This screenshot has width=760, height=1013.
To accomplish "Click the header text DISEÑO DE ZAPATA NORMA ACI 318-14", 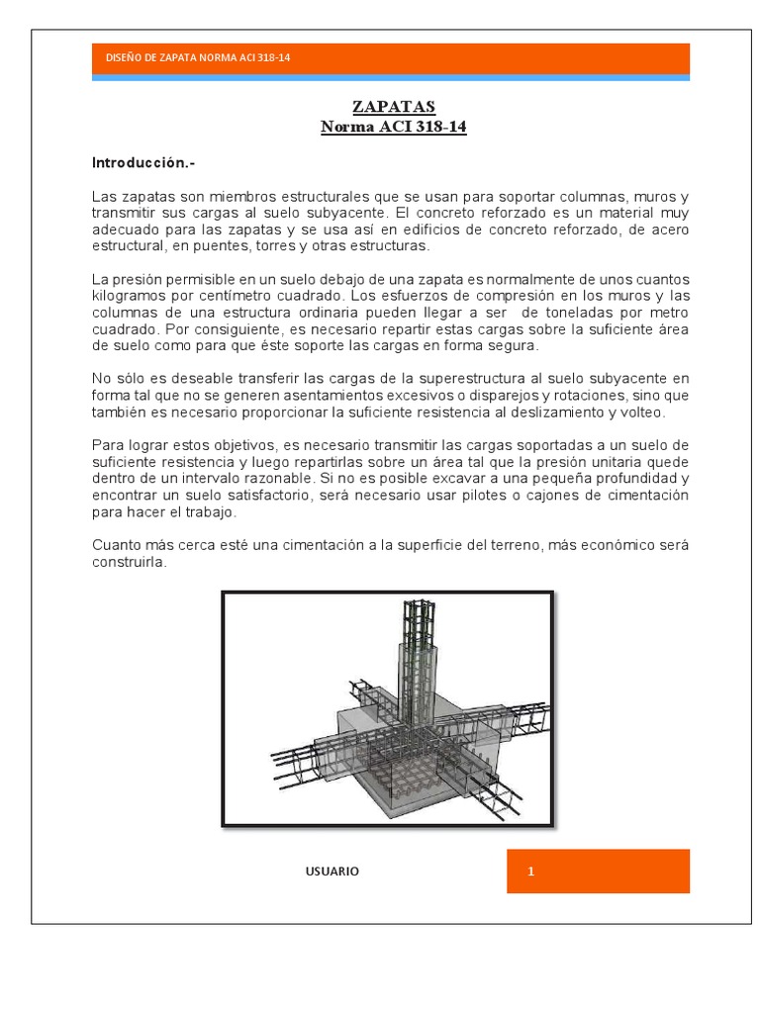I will (198, 58).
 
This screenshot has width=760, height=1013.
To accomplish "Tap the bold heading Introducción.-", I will (139, 161).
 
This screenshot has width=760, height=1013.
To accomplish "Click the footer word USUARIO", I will (332, 872).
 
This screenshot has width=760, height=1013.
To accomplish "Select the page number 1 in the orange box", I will (531, 872).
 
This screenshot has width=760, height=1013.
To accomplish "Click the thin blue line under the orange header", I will (391, 77).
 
